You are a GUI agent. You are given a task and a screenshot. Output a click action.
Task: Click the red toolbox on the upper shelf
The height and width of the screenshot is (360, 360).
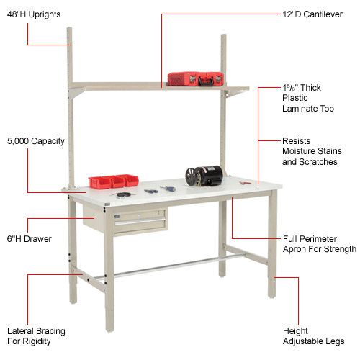[192, 78]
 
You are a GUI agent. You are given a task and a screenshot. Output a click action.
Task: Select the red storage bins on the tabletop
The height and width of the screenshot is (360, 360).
[112, 181]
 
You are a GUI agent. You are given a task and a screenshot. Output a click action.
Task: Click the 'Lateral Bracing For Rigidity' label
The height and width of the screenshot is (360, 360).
[36, 336]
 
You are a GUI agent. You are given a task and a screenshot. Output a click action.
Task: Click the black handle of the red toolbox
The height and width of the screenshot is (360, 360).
[192, 73]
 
